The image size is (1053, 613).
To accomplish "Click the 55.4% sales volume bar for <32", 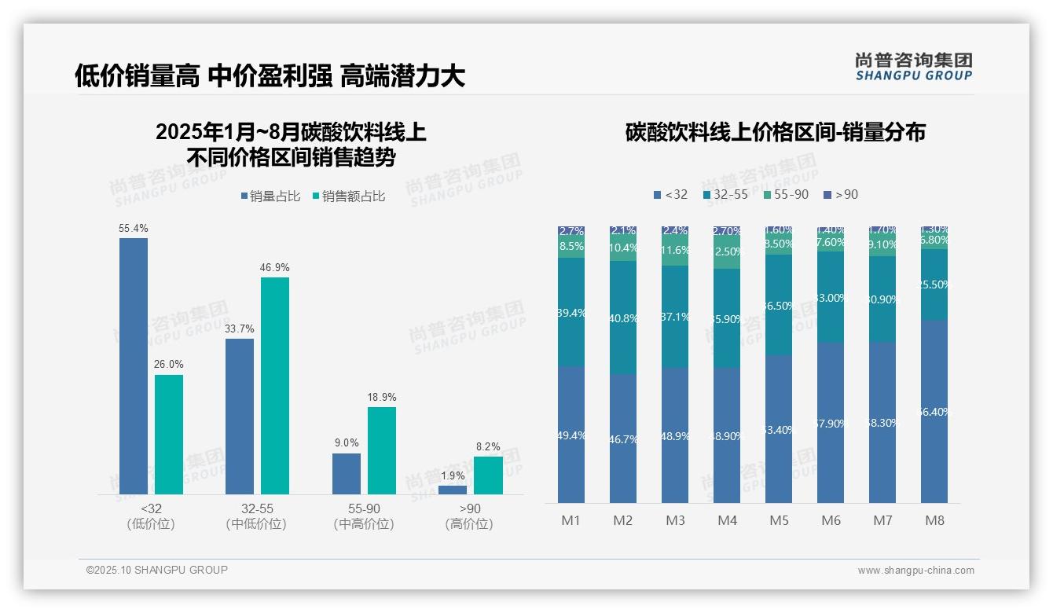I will (x=134, y=366).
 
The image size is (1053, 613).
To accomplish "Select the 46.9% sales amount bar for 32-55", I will (x=275, y=386).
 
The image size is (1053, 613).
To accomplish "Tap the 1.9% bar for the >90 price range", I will (x=453, y=490).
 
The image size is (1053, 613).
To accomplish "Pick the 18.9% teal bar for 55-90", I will (x=382, y=450).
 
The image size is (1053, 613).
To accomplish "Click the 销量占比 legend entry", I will (x=270, y=196).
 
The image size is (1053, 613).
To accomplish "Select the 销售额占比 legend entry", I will (x=349, y=196).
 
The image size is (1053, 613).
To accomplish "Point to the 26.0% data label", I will (x=169, y=365).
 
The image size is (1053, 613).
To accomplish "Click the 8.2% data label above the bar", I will (x=488, y=446).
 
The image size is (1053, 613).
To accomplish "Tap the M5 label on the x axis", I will (x=779, y=520).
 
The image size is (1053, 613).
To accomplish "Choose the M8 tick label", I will (x=934, y=520).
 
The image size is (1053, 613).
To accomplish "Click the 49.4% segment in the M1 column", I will (x=571, y=435).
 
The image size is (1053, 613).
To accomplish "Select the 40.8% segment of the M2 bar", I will (x=623, y=318).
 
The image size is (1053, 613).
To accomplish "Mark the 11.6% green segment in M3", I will (x=675, y=251).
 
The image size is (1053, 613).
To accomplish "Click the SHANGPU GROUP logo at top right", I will (x=913, y=67).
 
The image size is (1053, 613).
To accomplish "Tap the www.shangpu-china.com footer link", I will (x=915, y=571).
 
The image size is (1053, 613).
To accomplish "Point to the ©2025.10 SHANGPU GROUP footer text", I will (x=157, y=570).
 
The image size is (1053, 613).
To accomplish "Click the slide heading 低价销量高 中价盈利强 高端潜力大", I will (x=270, y=75).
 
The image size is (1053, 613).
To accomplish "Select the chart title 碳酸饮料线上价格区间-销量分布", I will (x=775, y=132).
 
